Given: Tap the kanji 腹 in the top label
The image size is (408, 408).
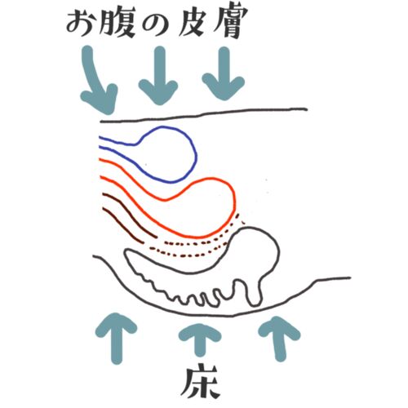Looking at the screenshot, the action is click(118, 23).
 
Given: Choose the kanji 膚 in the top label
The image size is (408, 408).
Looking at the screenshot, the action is click(230, 23).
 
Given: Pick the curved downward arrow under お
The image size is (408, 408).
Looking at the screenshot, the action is click(95, 82).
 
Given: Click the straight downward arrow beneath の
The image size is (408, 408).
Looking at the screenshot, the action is click(159, 76).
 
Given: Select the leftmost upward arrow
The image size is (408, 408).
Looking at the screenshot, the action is click(117, 337).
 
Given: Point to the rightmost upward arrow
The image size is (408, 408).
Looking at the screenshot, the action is click(280, 339).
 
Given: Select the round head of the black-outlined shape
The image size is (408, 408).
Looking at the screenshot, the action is click(277, 251).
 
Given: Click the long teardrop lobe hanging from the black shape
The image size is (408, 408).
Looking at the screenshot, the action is click(254, 292).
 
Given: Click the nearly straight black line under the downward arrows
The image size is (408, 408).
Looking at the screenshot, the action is click(204, 115).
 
